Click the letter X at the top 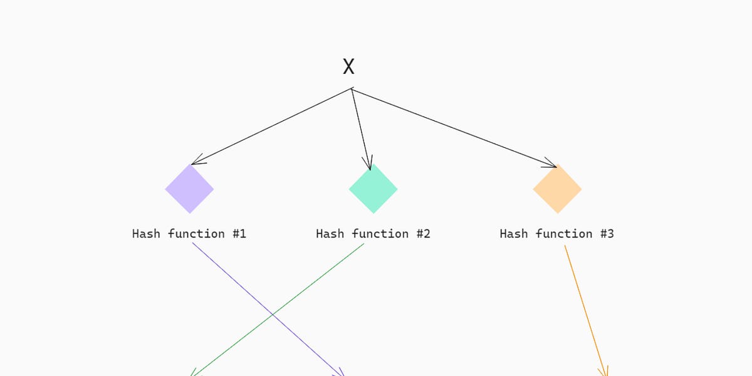[348, 66]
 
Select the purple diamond [189, 189]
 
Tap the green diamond [373, 189]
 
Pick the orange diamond [557, 189]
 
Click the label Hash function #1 [189, 234]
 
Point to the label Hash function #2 [373, 234]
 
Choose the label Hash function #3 [557, 234]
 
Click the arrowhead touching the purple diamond [196, 162]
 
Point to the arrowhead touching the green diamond [369, 165]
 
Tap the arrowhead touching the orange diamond [551, 164]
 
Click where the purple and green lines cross [271, 313]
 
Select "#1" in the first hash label [239, 234]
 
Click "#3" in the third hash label [607, 234]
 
